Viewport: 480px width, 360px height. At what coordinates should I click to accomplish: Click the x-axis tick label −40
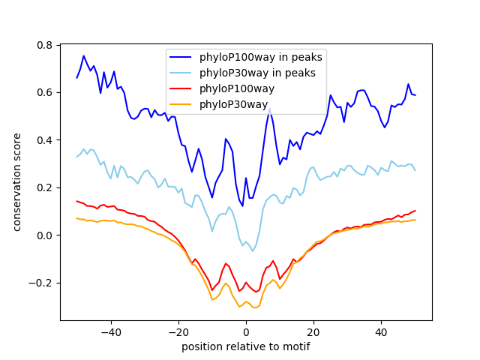[x=111, y=332]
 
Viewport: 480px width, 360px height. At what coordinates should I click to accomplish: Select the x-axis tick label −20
[x=178, y=332]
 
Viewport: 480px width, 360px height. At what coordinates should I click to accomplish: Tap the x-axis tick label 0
[x=246, y=332]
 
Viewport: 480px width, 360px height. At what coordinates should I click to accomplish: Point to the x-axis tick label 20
[x=313, y=332]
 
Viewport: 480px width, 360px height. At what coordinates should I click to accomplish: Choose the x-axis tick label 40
[x=382, y=332]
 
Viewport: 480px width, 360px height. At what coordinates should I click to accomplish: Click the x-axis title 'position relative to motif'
[x=246, y=346]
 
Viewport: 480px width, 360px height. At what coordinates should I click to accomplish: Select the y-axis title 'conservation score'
[x=16, y=182]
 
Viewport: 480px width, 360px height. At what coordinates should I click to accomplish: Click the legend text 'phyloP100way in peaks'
[x=261, y=57]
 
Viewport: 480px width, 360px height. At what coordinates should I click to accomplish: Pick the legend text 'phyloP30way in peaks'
[x=257, y=73]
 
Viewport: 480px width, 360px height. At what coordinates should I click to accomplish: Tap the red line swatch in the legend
[x=180, y=88]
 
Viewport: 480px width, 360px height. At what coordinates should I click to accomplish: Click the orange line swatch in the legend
[x=180, y=104]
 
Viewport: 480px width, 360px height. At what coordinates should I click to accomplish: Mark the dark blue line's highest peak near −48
[x=83, y=55]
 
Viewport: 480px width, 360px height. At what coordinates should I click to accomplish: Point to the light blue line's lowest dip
[x=253, y=251]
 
